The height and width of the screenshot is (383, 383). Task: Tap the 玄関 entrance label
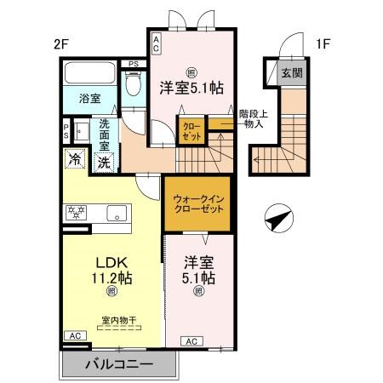pyautogui.click(x=292, y=74)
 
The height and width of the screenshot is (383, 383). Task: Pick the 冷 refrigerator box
pyautogui.click(x=75, y=159)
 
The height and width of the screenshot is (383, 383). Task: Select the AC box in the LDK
pyautogui.click(x=75, y=336)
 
